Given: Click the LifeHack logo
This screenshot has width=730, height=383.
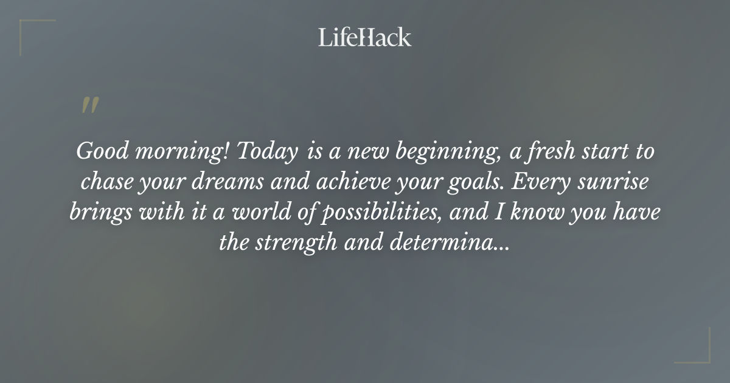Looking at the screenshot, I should [364, 37].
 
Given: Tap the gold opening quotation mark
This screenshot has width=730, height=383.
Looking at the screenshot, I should [89, 105].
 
